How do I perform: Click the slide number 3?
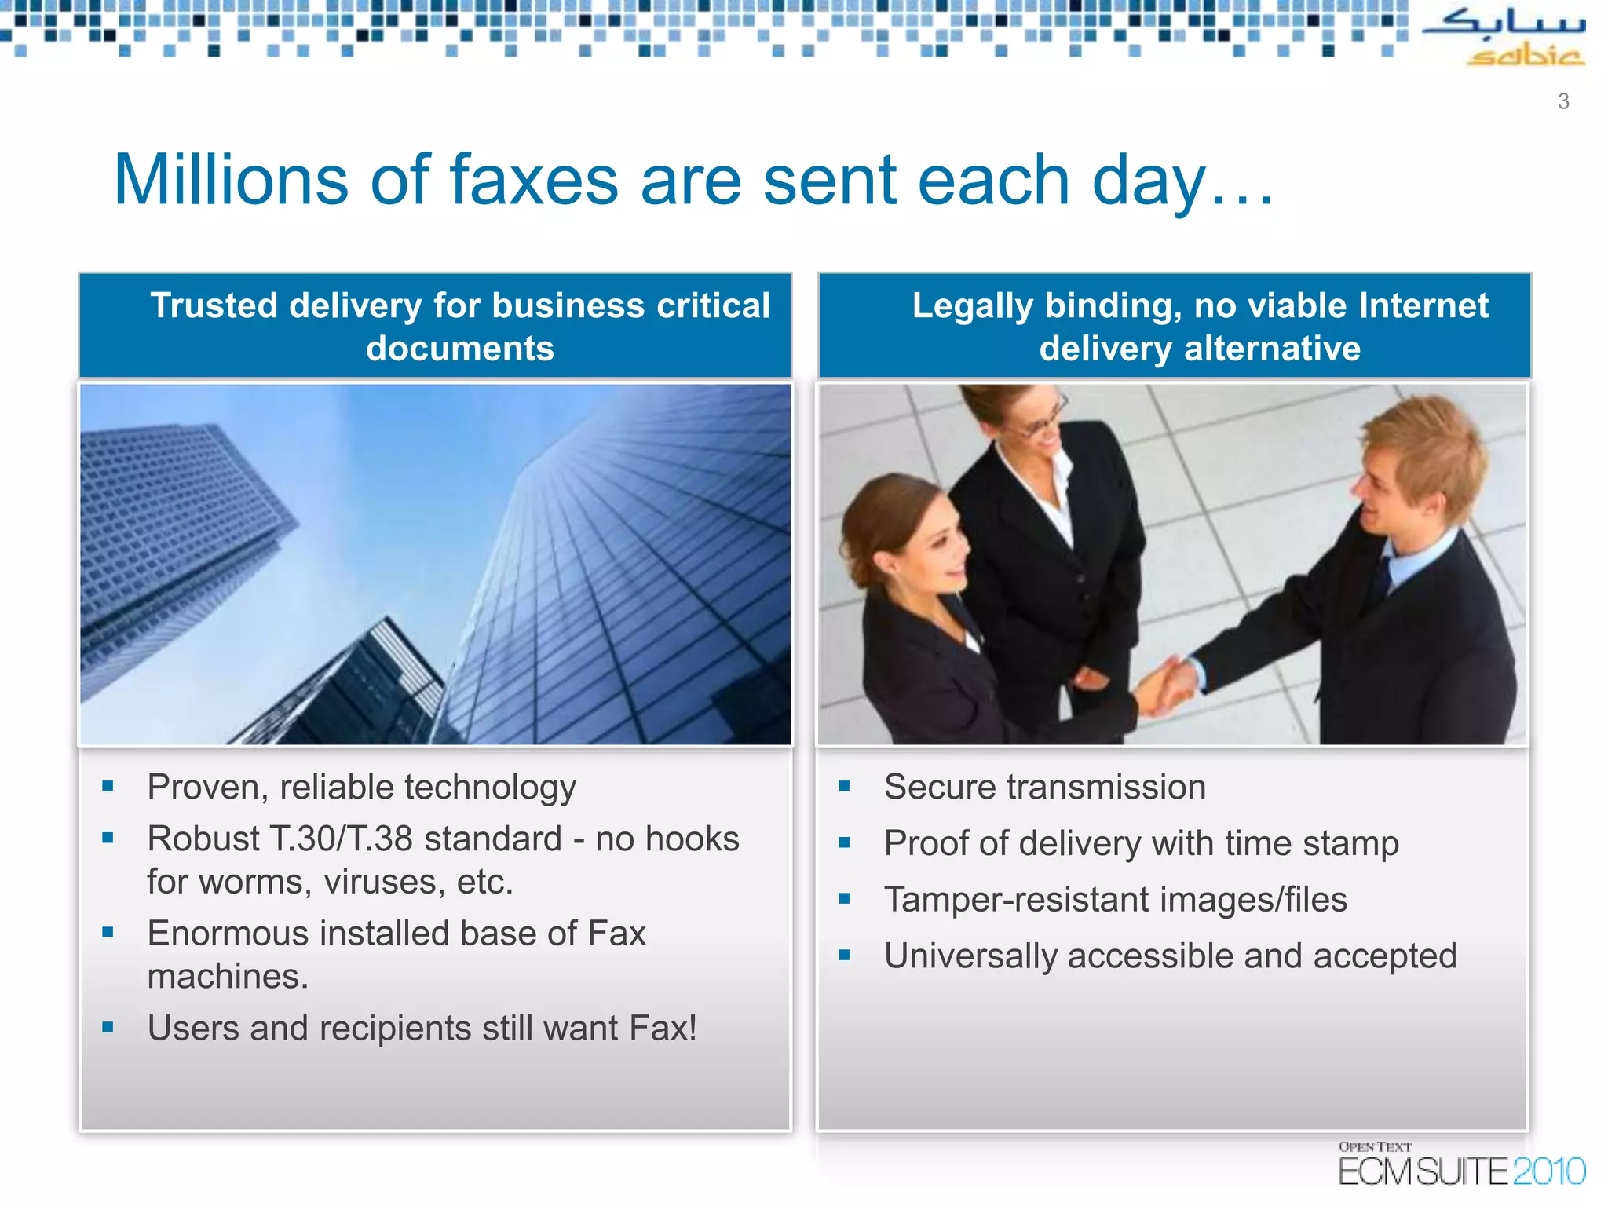1563,101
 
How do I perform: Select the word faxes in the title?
535,181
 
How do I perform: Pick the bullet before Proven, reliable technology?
108,786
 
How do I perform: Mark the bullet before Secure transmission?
845,786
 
